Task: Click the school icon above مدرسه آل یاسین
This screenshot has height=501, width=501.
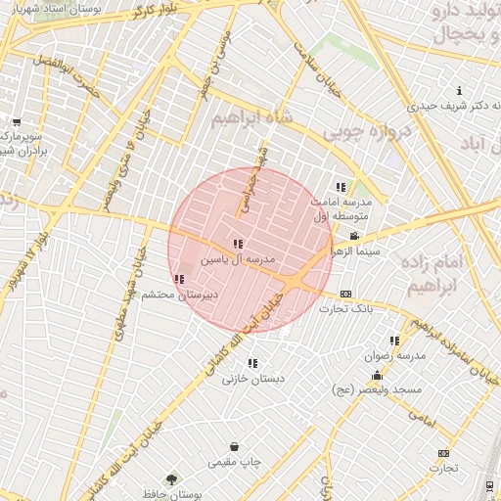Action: tap(238, 244)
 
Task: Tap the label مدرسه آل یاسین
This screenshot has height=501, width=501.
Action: tap(239, 260)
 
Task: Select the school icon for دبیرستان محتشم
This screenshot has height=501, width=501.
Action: tap(178, 279)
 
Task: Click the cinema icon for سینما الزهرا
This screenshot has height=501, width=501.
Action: tap(353, 236)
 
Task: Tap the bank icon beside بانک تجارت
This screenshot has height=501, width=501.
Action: tap(345, 294)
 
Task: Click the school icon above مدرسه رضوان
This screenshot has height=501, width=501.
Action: tap(394, 341)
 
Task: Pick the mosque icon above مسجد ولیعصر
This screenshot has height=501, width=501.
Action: tap(377, 376)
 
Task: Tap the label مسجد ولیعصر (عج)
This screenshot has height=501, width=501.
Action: tap(377, 391)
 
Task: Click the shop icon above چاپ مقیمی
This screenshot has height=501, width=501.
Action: tap(234, 446)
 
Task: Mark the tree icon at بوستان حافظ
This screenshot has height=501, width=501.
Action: tap(172, 479)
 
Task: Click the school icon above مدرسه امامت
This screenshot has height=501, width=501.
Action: tap(340, 186)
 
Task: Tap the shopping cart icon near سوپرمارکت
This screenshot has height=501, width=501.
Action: tap(16, 122)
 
